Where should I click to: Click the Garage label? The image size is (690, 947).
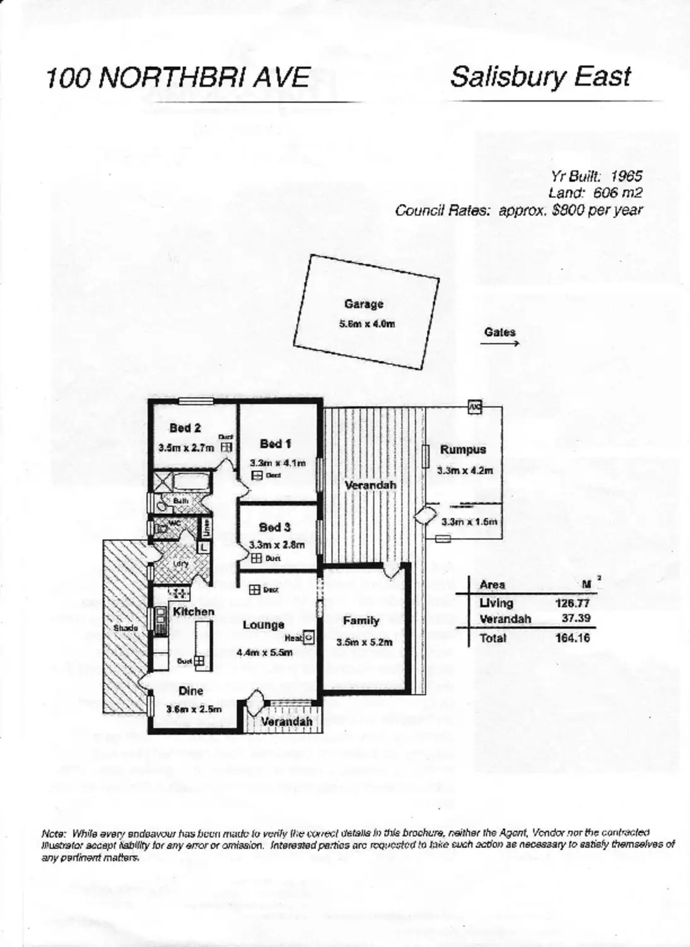[x=364, y=304]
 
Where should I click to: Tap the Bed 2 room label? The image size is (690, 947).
[x=185, y=428]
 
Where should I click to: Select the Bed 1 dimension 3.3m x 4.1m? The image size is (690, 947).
[x=278, y=463]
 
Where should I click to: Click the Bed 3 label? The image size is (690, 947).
[x=275, y=527]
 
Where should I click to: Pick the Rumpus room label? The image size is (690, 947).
[x=463, y=450]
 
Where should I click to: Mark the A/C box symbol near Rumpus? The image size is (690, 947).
[x=474, y=407]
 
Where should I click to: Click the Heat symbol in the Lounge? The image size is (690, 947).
[x=309, y=638]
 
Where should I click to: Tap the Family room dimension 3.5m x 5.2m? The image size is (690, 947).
[x=365, y=642]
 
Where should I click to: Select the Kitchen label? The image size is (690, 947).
[x=194, y=611]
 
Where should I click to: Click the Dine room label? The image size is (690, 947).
[x=190, y=691]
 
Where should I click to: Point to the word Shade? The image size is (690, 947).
[x=126, y=628]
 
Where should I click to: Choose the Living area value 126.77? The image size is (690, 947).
[x=572, y=604]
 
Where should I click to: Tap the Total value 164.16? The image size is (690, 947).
[x=573, y=638]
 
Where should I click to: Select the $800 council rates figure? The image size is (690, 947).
[x=568, y=210]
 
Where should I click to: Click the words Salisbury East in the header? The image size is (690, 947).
[x=540, y=77]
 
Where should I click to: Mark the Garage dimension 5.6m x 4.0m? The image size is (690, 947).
[x=367, y=325]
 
